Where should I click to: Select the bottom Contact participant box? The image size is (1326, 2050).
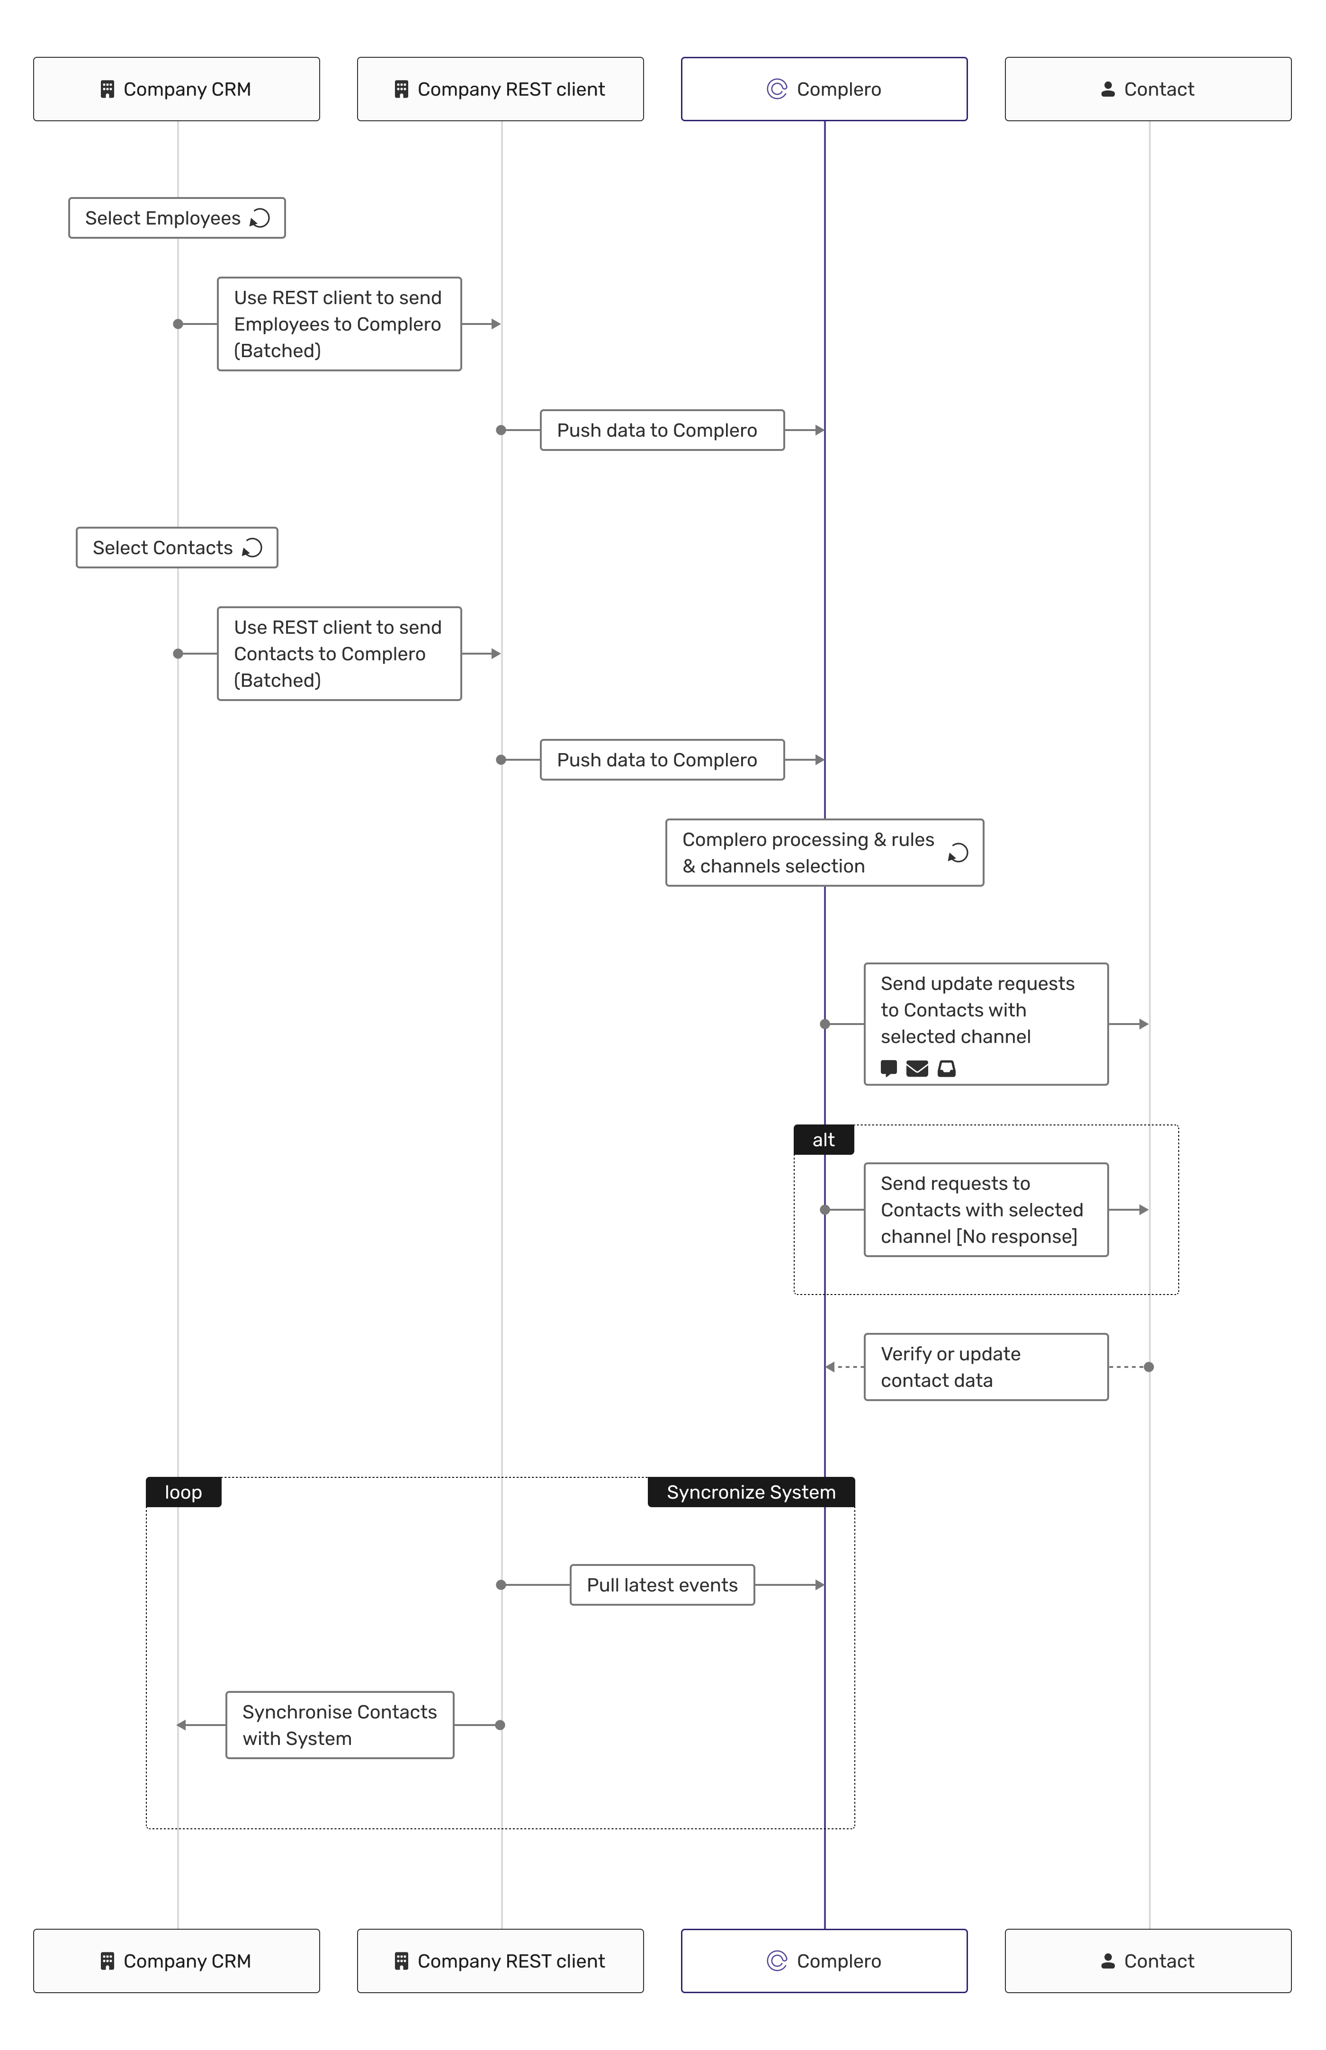click(1148, 1960)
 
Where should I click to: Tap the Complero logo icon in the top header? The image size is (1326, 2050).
click(777, 90)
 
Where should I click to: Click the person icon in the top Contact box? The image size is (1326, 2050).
click(1108, 90)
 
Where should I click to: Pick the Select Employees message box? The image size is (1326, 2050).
click(177, 218)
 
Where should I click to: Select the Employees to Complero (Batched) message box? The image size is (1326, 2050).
click(339, 324)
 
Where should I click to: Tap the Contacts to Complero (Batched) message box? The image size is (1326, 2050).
click(339, 654)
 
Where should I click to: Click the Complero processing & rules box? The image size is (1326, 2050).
click(825, 853)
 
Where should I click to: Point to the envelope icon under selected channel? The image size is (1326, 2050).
click(917, 1069)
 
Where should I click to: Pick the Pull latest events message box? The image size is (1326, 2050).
click(662, 1585)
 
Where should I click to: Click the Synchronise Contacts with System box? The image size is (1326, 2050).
click(340, 1725)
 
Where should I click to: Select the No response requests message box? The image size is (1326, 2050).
click(986, 1210)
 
